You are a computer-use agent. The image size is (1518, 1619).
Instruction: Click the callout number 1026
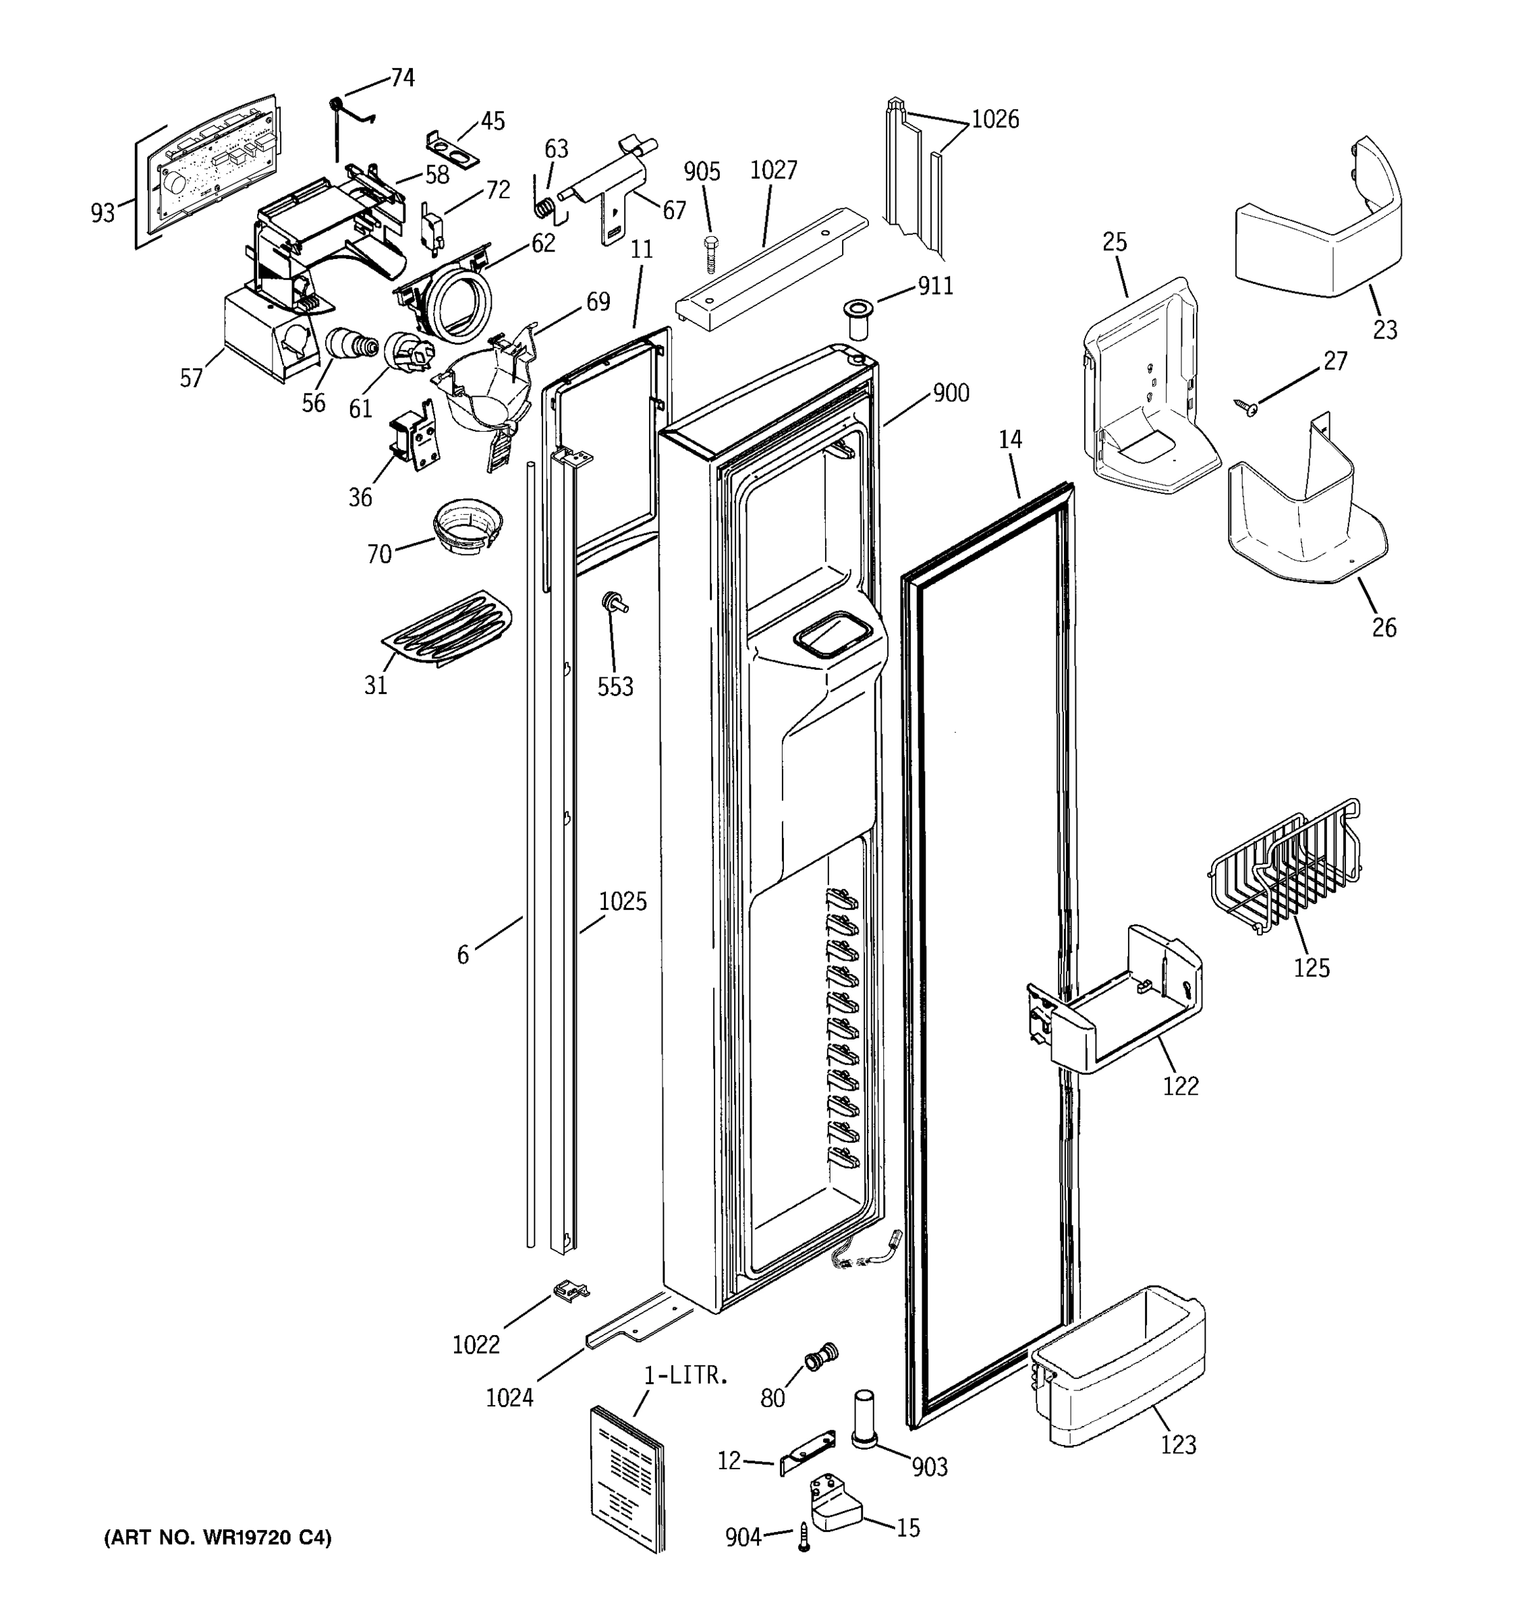click(x=995, y=119)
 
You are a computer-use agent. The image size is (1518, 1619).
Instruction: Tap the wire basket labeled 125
click(x=1285, y=871)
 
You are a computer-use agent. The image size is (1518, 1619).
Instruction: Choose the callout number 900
click(x=951, y=393)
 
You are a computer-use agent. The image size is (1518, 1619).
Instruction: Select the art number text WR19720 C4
click(x=217, y=1537)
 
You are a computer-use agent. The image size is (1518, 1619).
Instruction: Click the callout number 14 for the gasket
click(x=1010, y=440)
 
